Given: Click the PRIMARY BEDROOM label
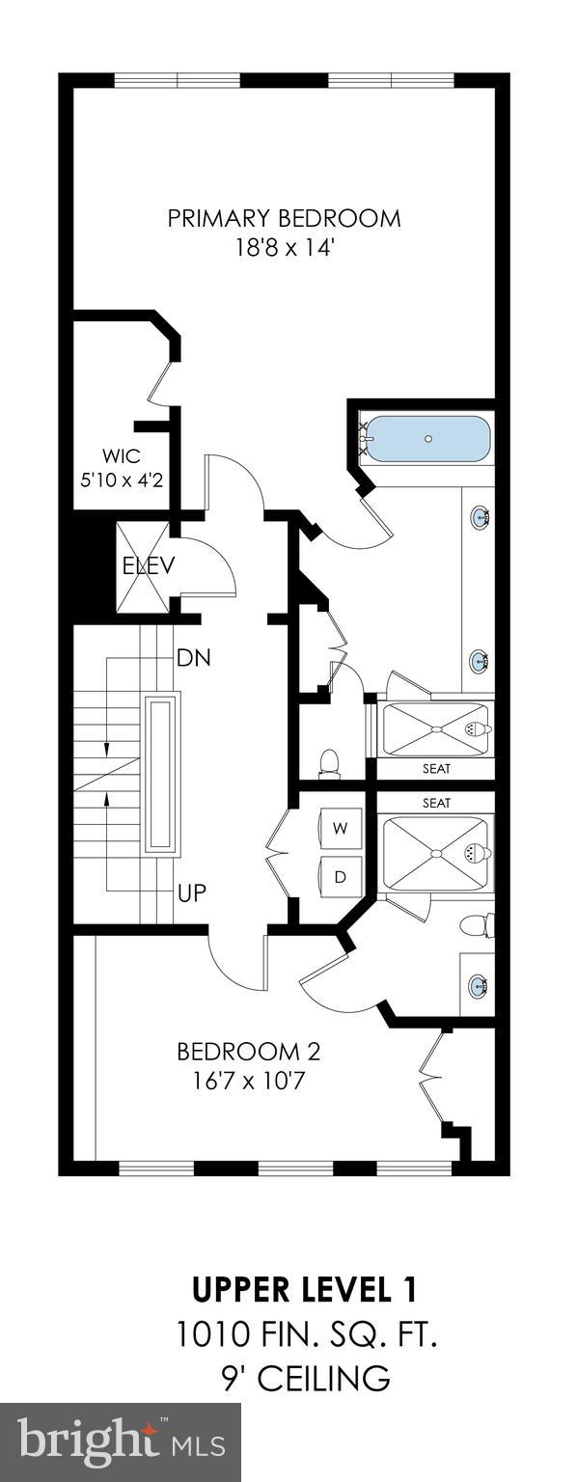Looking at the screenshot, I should point(284,218).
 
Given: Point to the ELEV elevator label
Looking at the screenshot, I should point(148,565).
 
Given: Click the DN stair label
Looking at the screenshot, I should point(193,658).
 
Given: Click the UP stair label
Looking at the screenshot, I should point(191,892).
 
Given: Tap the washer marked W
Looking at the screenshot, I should point(340,827).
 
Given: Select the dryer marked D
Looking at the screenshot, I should point(340,876).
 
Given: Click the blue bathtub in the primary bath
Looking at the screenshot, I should point(427,440).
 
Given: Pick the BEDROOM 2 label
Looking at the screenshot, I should point(248,1051).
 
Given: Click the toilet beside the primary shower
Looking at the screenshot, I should point(330,761).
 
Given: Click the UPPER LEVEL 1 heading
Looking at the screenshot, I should point(305,1289).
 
